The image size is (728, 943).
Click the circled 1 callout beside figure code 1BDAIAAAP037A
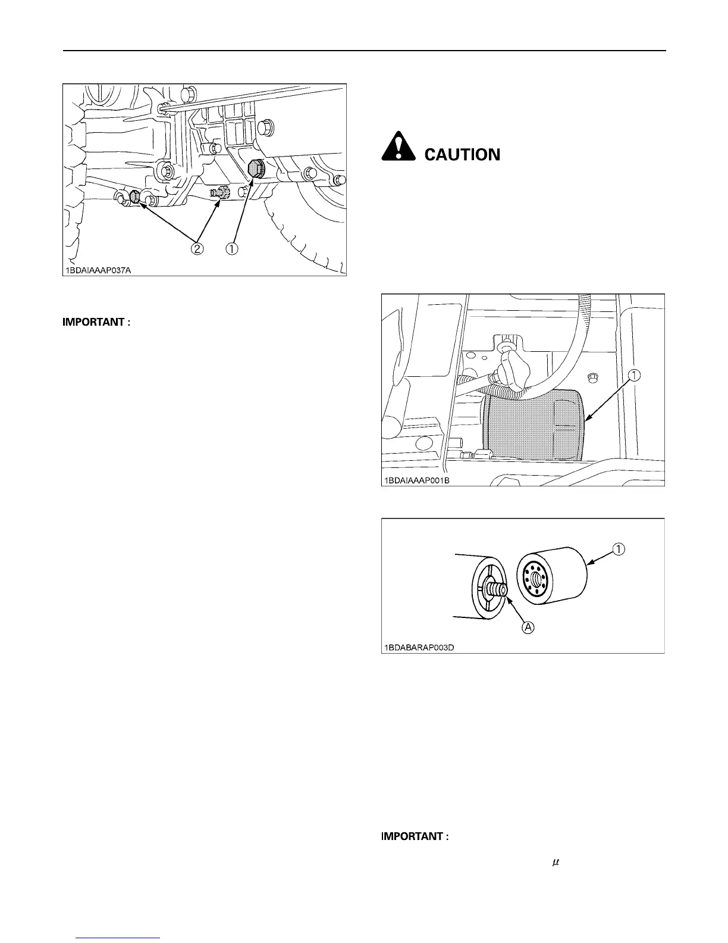(x=231, y=249)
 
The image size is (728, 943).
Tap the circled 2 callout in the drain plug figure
(x=197, y=249)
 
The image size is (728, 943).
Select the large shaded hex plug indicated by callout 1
(x=256, y=168)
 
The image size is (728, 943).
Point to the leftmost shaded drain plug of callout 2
(x=135, y=197)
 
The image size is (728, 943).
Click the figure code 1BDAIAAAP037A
(x=98, y=270)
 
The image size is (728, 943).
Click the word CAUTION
(x=462, y=155)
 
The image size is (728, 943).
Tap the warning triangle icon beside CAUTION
(x=398, y=149)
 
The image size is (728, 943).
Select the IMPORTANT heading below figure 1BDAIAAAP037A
(x=96, y=323)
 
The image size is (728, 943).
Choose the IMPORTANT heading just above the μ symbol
(x=414, y=836)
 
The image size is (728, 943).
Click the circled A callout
(x=527, y=626)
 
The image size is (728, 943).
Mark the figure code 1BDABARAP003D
(x=418, y=647)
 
